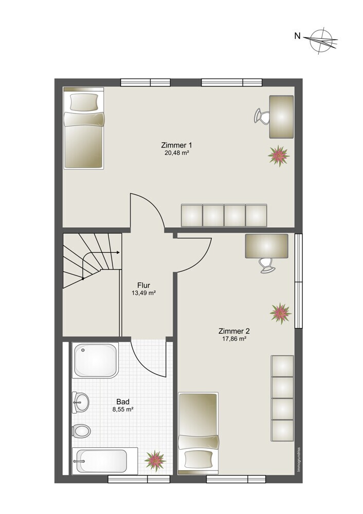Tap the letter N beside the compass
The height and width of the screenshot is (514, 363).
297,36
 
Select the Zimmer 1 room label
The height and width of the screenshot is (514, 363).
176,145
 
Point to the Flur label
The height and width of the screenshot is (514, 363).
143,285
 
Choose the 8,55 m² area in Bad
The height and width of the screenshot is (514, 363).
123,410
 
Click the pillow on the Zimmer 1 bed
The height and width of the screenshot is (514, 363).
84,102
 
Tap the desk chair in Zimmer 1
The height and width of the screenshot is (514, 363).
261,116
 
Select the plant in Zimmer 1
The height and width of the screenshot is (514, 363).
279,156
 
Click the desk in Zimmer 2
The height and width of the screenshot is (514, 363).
266,246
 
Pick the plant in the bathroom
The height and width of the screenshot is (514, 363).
155,461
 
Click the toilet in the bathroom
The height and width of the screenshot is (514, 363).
81,431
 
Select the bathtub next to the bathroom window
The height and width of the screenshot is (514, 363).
105,461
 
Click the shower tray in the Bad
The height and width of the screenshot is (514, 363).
95,360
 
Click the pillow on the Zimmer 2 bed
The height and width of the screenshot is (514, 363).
198,459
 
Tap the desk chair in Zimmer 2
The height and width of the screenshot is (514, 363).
266,265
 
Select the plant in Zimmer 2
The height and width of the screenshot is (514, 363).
281,314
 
